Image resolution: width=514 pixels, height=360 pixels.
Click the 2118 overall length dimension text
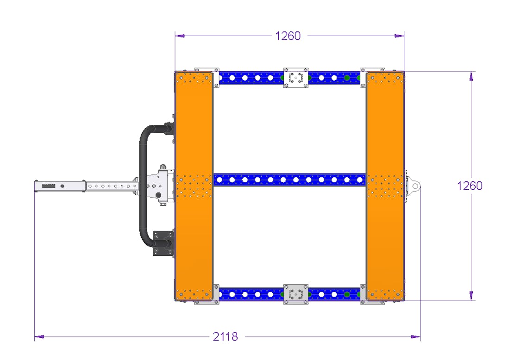[226, 337]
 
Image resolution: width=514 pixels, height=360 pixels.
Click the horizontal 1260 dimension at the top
[288, 36]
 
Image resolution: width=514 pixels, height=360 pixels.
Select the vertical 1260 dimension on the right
[470, 186]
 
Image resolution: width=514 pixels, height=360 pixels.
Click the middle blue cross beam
[289, 180]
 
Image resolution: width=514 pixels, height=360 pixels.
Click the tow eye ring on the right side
[415, 186]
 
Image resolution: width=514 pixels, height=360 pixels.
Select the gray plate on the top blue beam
[295, 78]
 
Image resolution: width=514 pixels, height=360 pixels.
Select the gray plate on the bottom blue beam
[295, 294]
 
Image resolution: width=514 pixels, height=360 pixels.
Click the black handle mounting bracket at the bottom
[163, 242]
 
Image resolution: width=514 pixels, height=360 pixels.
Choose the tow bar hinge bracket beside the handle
[159, 185]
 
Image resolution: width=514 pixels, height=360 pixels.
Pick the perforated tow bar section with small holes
[111, 186]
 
